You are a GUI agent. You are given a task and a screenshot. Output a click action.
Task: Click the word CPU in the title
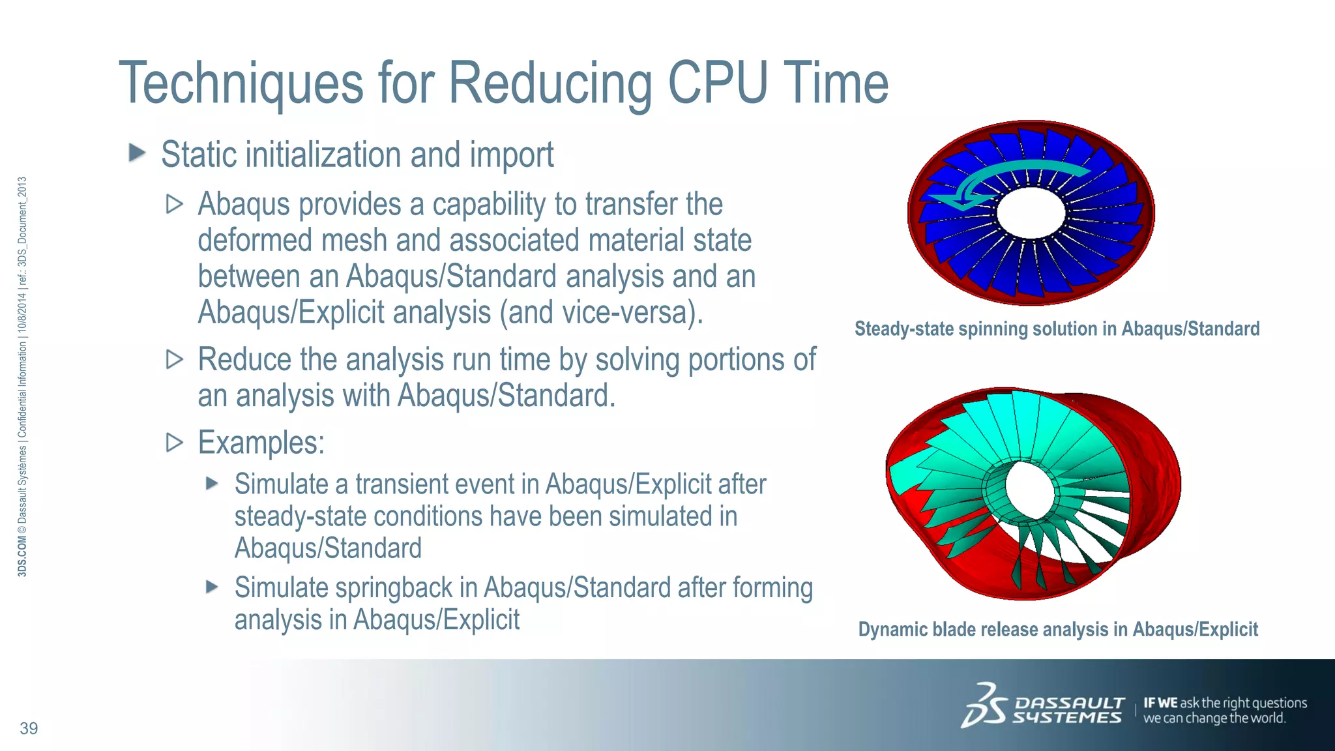pyautogui.click(x=717, y=83)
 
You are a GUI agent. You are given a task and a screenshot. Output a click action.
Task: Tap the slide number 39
pyautogui.click(x=29, y=728)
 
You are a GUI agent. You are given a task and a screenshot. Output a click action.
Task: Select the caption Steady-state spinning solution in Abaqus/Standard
pyautogui.click(x=1057, y=329)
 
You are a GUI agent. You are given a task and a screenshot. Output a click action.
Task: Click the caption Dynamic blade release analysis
pyautogui.click(x=1057, y=630)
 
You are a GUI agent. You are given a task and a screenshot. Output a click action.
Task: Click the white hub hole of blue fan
pyautogui.click(x=1030, y=213)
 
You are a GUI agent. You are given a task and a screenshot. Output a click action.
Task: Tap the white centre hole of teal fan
pyautogui.click(x=1031, y=490)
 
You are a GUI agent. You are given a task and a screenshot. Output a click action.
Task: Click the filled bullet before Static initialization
pyautogui.click(x=137, y=154)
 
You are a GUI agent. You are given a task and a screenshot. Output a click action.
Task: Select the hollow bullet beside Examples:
pyautogui.click(x=174, y=443)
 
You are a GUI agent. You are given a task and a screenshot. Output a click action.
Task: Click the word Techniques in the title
pyautogui.click(x=241, y=83)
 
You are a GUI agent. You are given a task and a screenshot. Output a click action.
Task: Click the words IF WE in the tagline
pyautogui.click(x=1160, y=703)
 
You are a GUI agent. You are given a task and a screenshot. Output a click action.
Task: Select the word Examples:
pyautogui.click(x=261, y=443)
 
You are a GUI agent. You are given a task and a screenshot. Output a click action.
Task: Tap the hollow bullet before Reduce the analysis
pyautogui.click(x=174, y=359)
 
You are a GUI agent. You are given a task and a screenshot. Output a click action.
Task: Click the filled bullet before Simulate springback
pyautogui.click(x=211, y=587)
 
